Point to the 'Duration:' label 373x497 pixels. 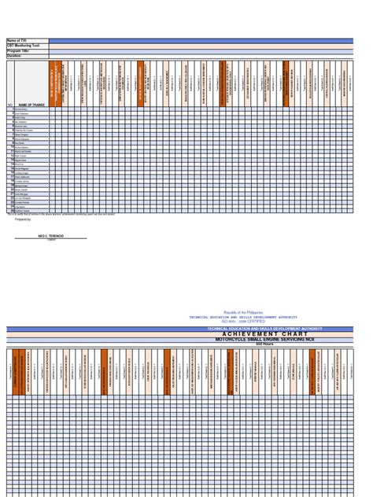point(14,56)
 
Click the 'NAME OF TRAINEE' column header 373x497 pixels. point(31,104)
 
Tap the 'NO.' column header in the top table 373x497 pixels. point(9,104)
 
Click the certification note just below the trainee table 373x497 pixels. point(51,214)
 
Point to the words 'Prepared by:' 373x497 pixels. point(23,220)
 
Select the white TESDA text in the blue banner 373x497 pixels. point(264,329)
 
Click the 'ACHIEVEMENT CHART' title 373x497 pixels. point(264,334)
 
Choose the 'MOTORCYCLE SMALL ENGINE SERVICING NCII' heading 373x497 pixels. point(264,339)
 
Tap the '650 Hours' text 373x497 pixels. point(264,344)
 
